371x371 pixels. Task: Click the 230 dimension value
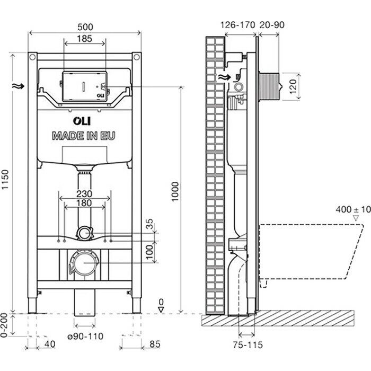click(85, 194)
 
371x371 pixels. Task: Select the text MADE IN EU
click(83, 136)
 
